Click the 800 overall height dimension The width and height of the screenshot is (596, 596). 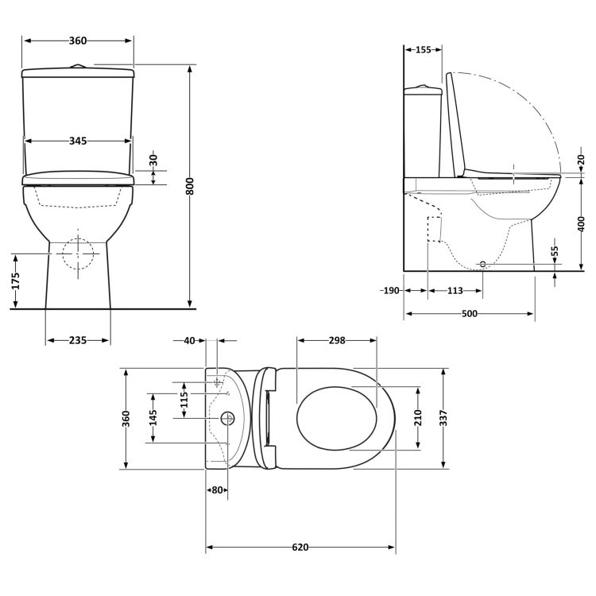coord(191,187)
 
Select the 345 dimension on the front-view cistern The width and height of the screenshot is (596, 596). coord(77,141)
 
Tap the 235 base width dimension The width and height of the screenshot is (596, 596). coord(77,340)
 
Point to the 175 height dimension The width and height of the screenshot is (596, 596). coord(15,281)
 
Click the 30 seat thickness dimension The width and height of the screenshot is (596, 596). coord(153,160)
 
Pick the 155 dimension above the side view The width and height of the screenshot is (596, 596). coord(423,50)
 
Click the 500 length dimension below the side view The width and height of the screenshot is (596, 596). coord(469,314)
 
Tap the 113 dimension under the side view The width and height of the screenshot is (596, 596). coord(455,291)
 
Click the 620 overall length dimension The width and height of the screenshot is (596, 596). coord(300,548)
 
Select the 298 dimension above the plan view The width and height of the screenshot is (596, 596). coord(336,340)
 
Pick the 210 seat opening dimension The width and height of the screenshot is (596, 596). coord(418,418)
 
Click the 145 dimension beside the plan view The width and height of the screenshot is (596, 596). coord(154,418)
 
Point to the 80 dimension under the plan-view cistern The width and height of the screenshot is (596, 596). coord(217,490)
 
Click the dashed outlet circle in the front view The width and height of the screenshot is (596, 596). coord(78,253)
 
